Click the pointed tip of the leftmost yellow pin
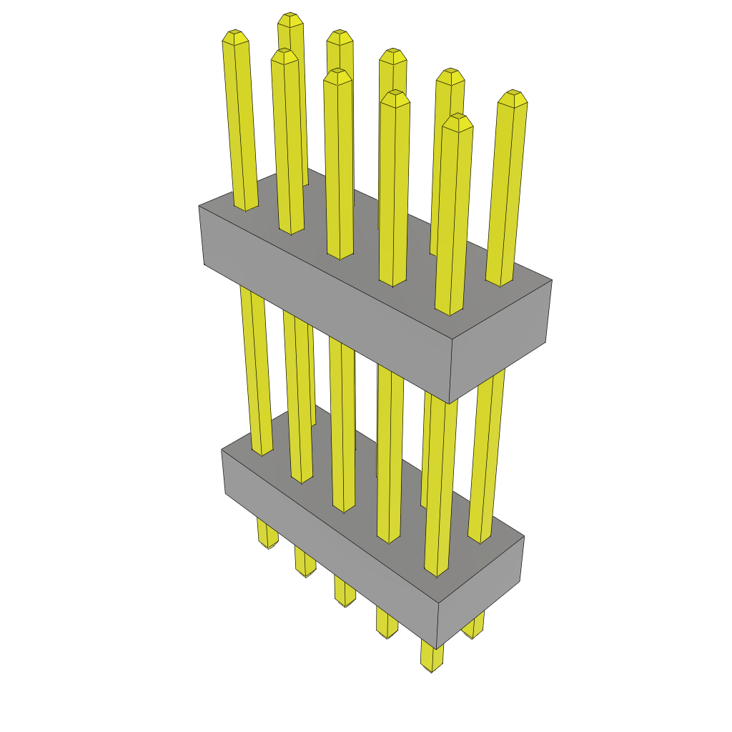[235, 36]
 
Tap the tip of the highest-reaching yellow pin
[289, 19]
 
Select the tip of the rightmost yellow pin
[513, 97]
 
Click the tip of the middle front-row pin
[337, 74]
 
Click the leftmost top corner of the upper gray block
[199, 207]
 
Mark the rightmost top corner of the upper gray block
[552, 280]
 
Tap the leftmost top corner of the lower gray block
[222, 450]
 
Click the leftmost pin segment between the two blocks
[256, 372]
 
